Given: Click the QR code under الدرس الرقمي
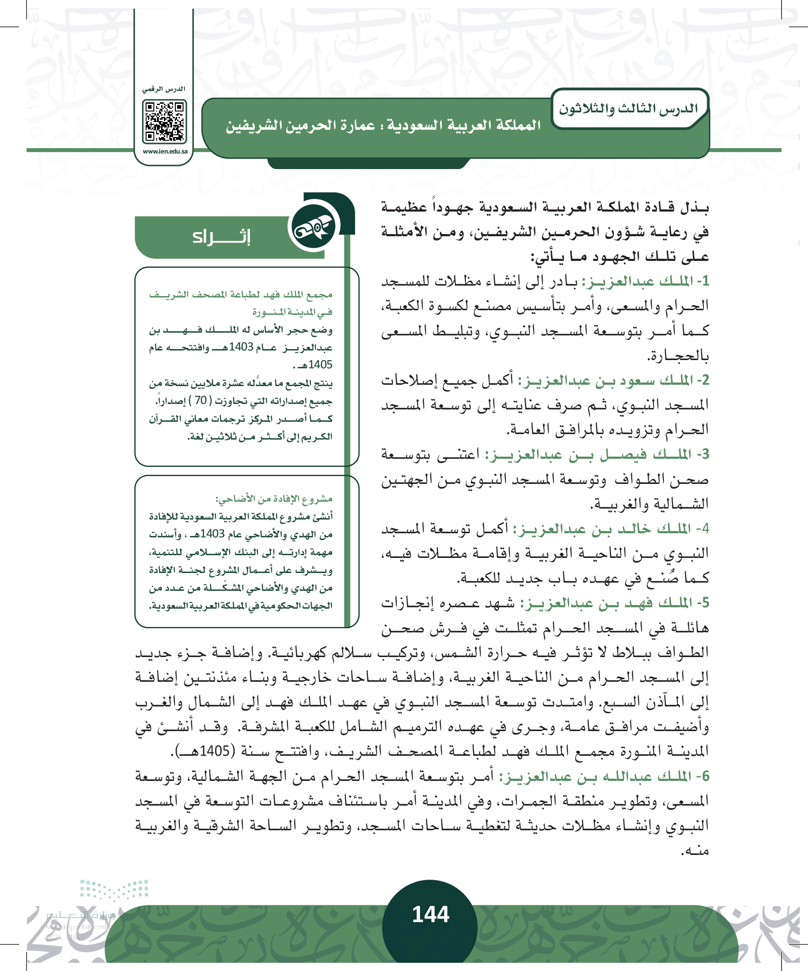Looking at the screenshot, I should pyautogui.click(x=164, y=122).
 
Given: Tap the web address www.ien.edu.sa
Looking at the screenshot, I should pyautogui.click(x=165, y=152).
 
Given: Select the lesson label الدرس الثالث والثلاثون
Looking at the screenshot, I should pyautogui.click(x=628, y=109).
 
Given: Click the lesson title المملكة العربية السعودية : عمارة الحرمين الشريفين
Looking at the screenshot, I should pyautogui.click(x=383, y=126).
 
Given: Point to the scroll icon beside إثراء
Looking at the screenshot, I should pyautogui.click(x=314, y=227).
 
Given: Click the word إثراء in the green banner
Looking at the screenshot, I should pyautogui.click(x=221, y=237).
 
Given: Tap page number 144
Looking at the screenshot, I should pyautogui.click(x=430, y=915).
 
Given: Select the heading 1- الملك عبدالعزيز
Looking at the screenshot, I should pyautogui.click(x=645, y=281).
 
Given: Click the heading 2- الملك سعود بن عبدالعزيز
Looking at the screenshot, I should pyautogui.click(x=613, y=380).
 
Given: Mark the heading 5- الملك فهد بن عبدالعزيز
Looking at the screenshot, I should pyautogui.click(x=614, y=603).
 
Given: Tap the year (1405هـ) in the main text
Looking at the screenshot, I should pyautogui.click(x=204, y=751).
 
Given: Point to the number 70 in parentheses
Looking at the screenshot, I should pyautogui.click(x=200, y=400).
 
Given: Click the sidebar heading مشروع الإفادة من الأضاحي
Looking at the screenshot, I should pyautogui.click(x=273, y=499).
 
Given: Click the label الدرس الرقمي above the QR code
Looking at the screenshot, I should pyautogui.click(x=163, y=89).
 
